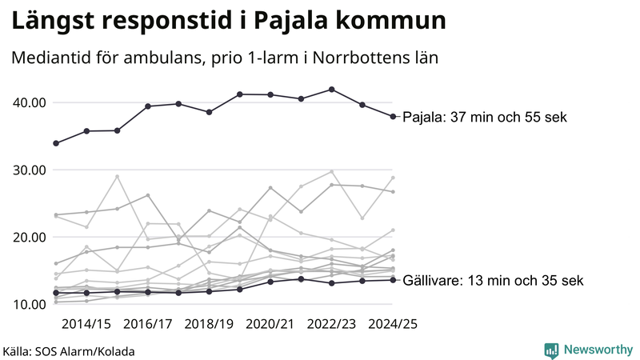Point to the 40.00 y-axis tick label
(x=27, y=102)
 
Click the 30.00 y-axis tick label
(x=27, y=170)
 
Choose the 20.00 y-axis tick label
(x=27, y=237)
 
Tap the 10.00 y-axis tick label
(x=27, y=304)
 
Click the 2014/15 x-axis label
(x=86, y=324)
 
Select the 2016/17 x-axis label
(x=147, y=324)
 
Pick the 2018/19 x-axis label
(x=209, y=324)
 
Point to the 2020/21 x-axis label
(x=270, y=324)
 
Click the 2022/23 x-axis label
(x=332, y=324)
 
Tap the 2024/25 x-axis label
(x=393, y=324)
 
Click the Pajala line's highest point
(x=332, y=90)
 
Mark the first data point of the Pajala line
(x=56, y=143)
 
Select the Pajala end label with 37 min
(x=484, y=117)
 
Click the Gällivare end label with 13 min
(x=493, y=280)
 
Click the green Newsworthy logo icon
(x=551, y=350)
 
